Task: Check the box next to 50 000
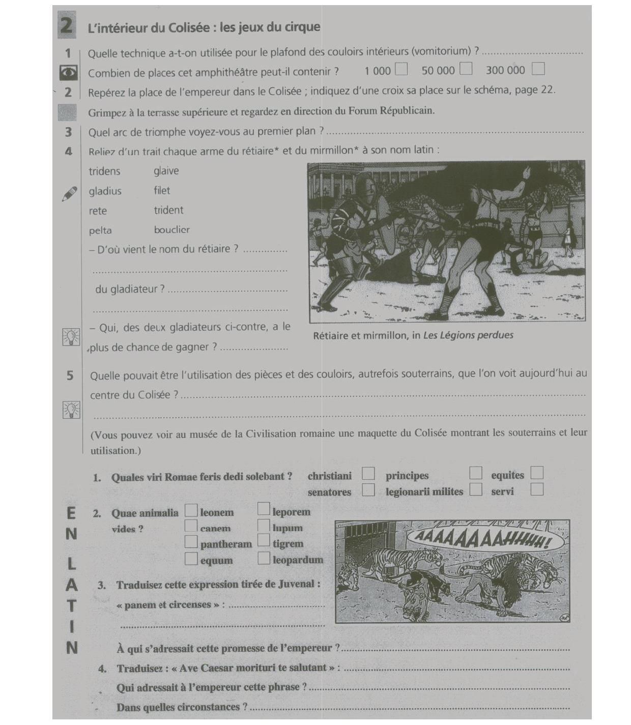(x=466, y=68)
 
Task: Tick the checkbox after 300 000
(x=538, y=68)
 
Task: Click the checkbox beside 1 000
(x=401, y=69)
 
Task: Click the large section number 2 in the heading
(x=67, y=25)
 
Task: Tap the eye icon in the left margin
(x=68, y=73)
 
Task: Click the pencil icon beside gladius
(x=69, y=194)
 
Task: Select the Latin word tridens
(x=104, y=171)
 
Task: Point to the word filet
(x=162, y=191)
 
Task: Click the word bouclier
(x=171, y=230)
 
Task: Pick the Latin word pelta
(x=100, y=230)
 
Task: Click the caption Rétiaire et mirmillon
(x=366, y=336)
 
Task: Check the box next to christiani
(x=368, y=474)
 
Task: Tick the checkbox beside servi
(x=536, y=489)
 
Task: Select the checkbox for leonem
(x=191, y=510)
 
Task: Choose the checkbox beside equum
(x=191, y=559)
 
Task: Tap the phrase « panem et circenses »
(x=168, y=605)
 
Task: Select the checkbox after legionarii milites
(x=476, y=489)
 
